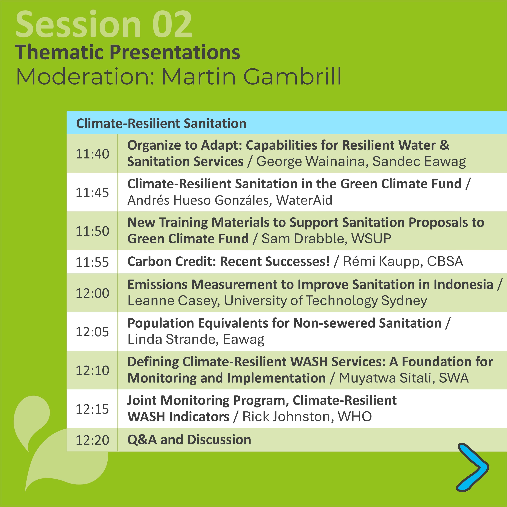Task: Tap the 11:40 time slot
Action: coord(92,154)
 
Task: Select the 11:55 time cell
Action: coord(92,262)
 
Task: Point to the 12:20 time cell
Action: coord(92,440)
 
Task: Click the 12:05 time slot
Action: coord(92,332)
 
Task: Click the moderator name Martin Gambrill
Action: coord(251,77)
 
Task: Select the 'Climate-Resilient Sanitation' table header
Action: coord(161,123)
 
